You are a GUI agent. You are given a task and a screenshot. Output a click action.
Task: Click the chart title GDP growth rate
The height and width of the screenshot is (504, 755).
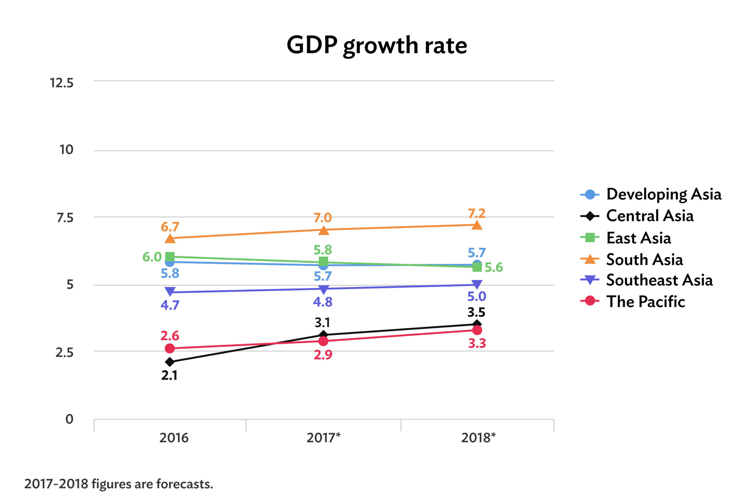[x=377, y=45]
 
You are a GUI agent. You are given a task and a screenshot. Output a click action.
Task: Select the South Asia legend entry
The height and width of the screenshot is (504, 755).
[x=644, y=259]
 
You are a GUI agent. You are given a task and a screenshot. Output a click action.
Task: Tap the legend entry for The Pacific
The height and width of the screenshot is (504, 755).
[x=645, y=301]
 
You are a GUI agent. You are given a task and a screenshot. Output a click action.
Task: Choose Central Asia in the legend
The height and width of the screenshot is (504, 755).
[x=649, y=216]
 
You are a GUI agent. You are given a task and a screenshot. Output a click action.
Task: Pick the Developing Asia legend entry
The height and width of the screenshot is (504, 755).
[x=663, y=194]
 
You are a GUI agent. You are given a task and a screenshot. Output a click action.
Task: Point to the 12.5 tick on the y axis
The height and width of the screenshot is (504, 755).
[x=62, y=83]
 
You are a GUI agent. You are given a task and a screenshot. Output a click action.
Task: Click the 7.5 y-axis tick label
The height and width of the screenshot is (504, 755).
[x=65, y=218]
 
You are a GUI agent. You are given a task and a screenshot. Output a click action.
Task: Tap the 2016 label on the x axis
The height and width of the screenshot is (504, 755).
[x=174, y=438]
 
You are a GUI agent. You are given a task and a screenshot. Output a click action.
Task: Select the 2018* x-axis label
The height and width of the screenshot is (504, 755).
[x=478, y=438]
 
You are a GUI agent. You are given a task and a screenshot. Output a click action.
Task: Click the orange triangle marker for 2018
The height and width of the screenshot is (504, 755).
[x=477, y=225]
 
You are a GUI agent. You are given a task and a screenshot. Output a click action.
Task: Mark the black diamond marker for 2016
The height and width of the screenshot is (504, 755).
[x=170, y=362]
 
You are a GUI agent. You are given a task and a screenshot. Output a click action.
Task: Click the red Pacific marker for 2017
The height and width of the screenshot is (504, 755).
[x=323, y=341]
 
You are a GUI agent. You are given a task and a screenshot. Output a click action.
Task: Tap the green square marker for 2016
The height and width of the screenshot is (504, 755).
[x=170, y=257]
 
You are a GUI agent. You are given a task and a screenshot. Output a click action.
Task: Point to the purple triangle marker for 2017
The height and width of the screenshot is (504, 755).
[x=324, y=290]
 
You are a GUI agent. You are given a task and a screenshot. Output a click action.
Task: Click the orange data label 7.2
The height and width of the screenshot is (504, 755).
[x=476, y=214]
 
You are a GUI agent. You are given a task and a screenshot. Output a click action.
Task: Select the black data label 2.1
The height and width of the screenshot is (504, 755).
[x=169, y=375]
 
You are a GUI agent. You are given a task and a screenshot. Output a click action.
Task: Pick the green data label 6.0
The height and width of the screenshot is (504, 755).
[x=152, y=257]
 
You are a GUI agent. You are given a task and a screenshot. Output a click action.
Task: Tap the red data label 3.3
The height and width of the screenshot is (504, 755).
[x=477, y=344]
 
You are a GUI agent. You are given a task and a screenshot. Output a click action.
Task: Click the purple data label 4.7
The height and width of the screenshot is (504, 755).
[x=170, y=305]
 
